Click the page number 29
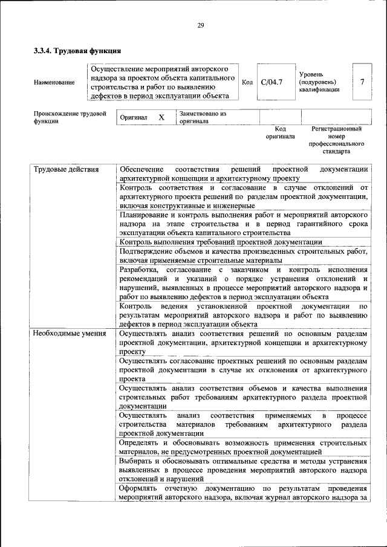[x=200, y=25]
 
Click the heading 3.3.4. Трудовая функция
[x=77, y=51]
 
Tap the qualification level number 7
[x=362, y=82]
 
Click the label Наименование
[x=54, y=83]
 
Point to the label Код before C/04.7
[x=247, y=82]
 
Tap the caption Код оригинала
[x=280, y=132]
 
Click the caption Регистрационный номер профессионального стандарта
[x=336, y=140]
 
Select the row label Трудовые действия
[x=66, y=169]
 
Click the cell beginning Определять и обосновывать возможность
[x=243, y=447]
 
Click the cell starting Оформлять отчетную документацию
[x=243, y=493]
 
